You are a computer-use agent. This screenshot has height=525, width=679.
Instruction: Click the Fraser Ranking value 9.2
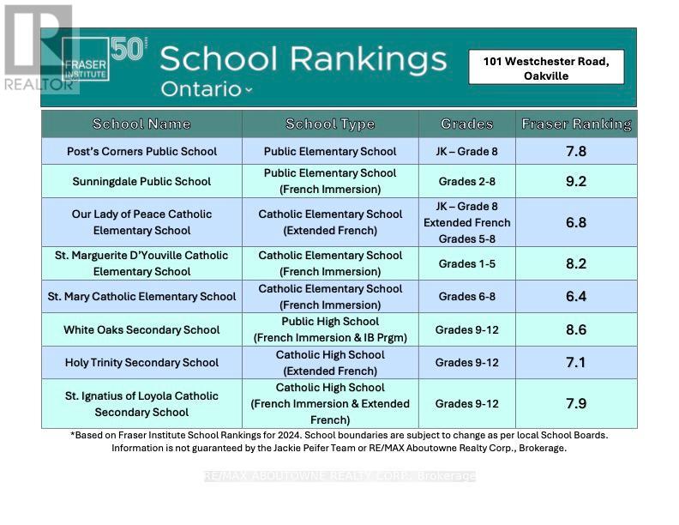click(x=576, y=181)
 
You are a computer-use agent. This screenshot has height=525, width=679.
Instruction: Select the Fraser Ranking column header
click(x=576, y=124)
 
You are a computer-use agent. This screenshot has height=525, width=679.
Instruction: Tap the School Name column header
click(x=141, y=124)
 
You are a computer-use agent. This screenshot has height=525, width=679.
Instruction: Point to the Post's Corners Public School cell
click(x=141, y=151)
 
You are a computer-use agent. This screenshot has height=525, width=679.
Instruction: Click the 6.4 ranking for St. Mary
click(x=576, y=296)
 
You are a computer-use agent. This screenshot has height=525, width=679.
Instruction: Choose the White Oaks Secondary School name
click(x=141, y=329)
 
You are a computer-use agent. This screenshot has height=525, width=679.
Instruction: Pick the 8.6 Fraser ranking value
click(x=576, y=329)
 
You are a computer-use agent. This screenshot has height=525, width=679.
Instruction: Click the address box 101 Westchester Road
click(x=546, y=68)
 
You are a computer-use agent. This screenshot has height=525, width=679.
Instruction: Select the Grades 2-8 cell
click(x=466, y=181)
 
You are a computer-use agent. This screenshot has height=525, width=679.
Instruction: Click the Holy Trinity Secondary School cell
click(x=141, y=362)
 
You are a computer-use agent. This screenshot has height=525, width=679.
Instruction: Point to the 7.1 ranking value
click(x=576, y=362)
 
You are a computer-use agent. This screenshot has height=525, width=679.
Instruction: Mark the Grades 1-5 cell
click(x=466, y=263)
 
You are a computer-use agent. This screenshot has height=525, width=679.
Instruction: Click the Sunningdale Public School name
click(x=141, y=181)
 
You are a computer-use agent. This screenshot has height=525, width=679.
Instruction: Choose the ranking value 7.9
click(x=576, y=403)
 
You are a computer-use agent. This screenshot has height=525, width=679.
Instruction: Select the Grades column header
click(x=466, y=124)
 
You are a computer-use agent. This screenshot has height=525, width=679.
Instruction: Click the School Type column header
click(x=330, y=124)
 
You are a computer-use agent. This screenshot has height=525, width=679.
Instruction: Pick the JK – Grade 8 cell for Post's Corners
click(x=466, y=151)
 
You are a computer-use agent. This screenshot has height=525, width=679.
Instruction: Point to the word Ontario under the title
click(x=201, y=89)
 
